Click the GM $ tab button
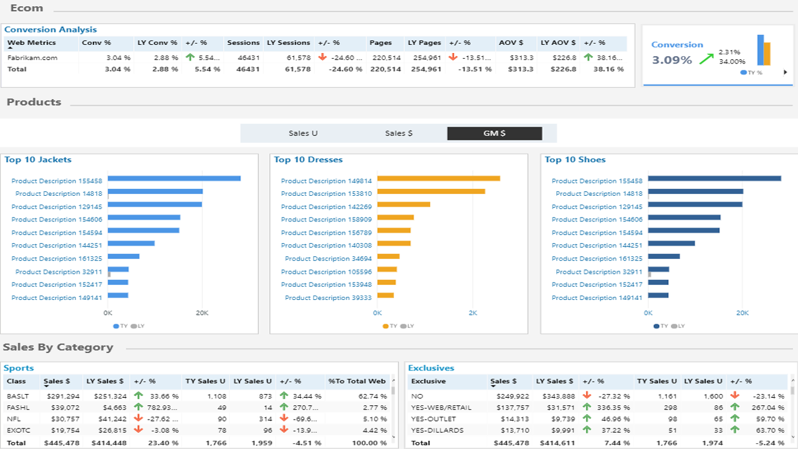click(x=494, y=133)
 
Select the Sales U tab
click(x=303, y=133)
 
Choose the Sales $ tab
click(x=398, y=133)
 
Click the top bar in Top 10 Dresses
click(x=438, y=178)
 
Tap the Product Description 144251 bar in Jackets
click(x=131, y=243)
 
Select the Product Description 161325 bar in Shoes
click(x=664, y=256)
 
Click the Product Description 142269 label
click(x=326, y=206)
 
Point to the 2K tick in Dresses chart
click(x=473, y=313)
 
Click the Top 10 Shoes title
click(x=575, y=160)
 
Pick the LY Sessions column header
click(x=289, y=43)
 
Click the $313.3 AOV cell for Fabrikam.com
click(x=522, y=58)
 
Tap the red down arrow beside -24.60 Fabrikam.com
click(x=323, y=57)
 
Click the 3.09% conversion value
click(x=672, y=60)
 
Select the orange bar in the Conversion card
click(x=767, y=54)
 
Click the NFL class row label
click(x=14, y=419)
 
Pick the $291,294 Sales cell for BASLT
click(x=60, y=396)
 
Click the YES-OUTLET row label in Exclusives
click(x=433, y=419)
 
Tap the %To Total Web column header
click(x=357, y=381)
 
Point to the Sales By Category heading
click(x=58, y=347)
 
